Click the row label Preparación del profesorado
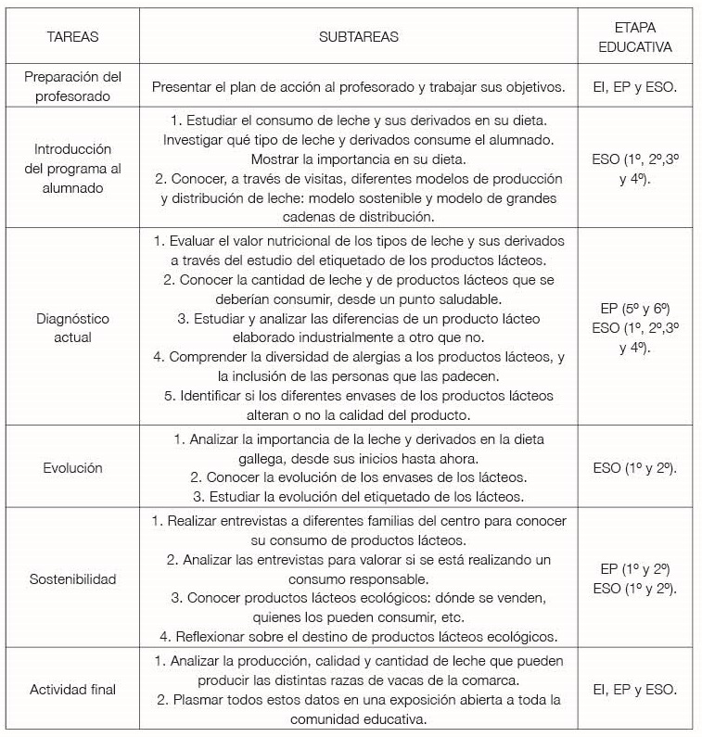coord(72,85)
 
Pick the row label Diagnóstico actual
coord(72,327)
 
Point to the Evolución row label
coord(72,467)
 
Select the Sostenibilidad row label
coord(72,579)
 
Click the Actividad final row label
coord(72,690)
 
